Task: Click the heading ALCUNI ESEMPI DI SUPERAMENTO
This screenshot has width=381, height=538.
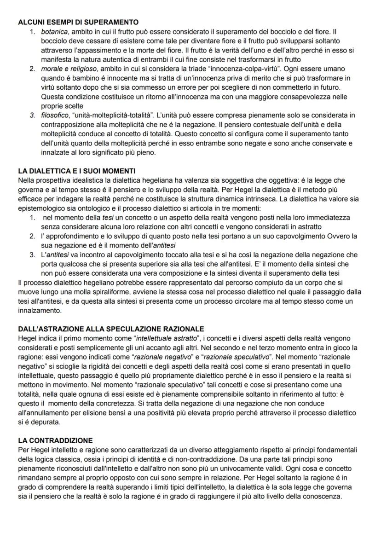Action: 78,22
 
